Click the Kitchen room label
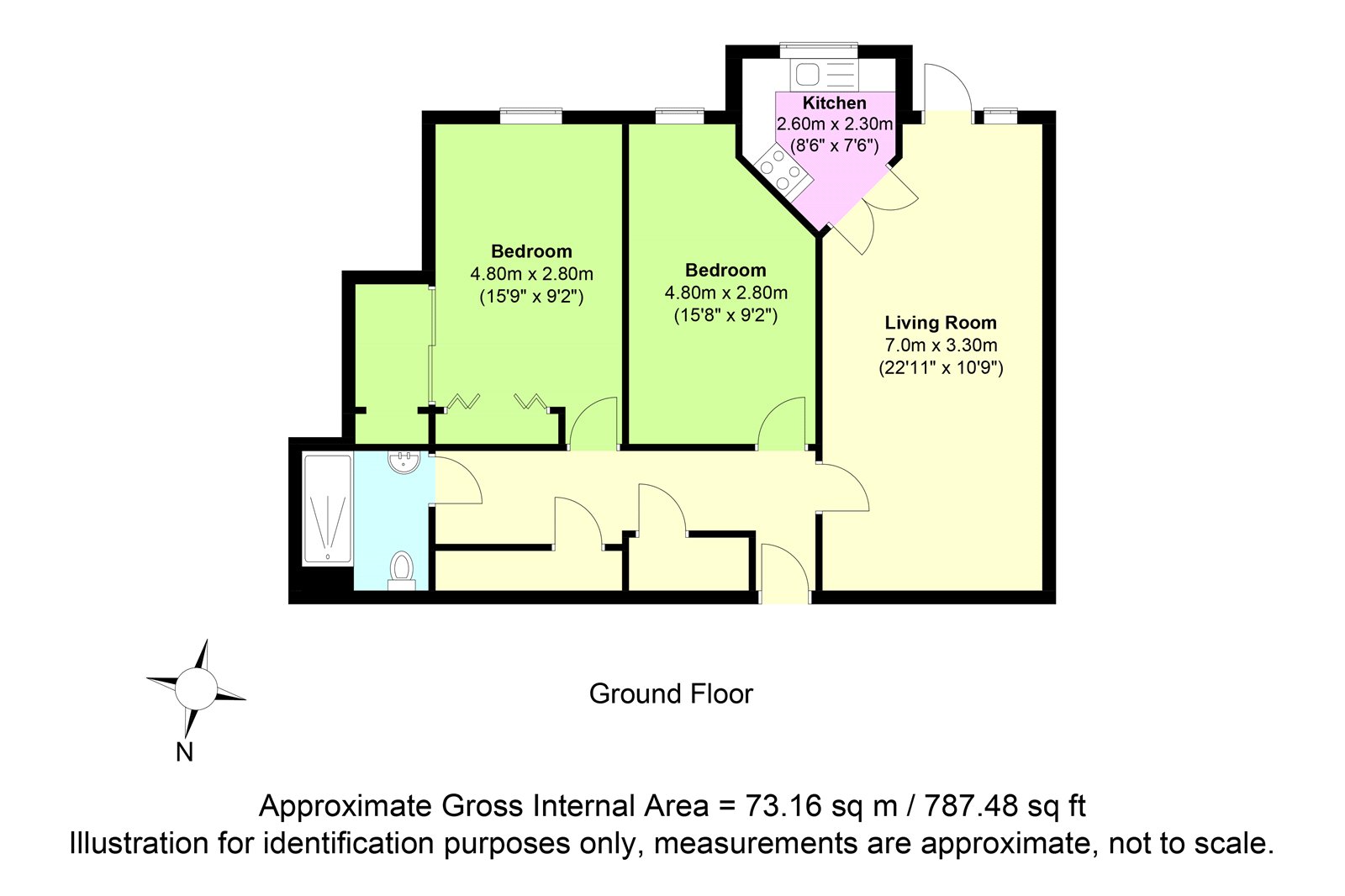(834, 103)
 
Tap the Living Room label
(941, 323)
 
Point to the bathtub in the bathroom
(327, 510)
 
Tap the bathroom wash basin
(404, 462)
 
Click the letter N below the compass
(184, 752)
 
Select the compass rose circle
(196, 689)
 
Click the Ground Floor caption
(671, 694)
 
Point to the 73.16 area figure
(783, 806)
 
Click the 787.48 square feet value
(970, 806)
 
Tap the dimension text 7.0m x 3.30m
(941, 345)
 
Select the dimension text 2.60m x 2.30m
(835, 124)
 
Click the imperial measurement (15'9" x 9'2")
(531, 297)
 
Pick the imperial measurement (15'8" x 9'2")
(726, 315)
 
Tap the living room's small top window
(1000, 115)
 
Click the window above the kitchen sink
(819, 50)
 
